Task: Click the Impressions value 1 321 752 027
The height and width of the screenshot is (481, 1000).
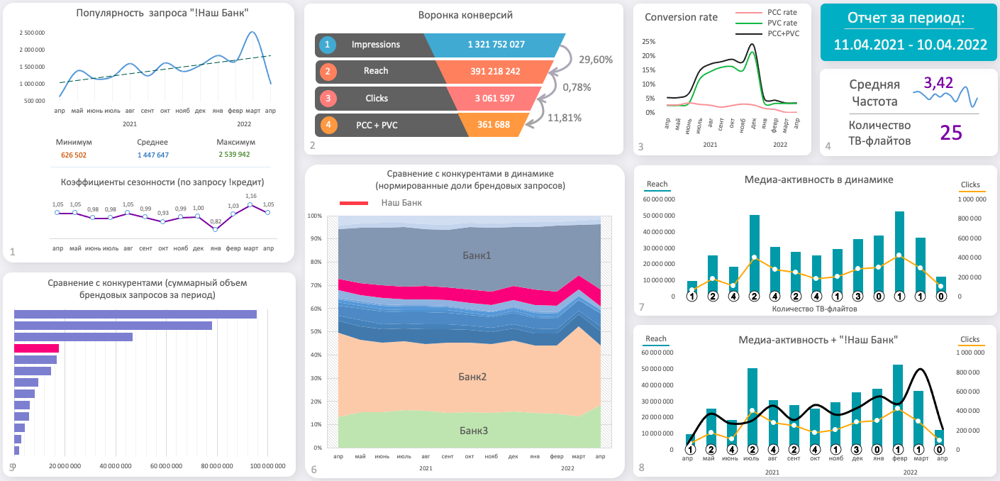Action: click(x=496, y=45)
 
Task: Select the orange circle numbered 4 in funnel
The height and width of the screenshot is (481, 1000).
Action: click(x=328, y=125)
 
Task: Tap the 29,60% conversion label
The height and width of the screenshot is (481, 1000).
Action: click(x=596, y=60)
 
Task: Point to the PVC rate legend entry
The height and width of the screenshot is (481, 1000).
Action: click(x=782, y=23)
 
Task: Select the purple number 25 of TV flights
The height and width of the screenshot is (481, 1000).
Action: click(x=951, y=132)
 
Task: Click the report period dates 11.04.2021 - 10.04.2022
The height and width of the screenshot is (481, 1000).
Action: click(x=910, y=44)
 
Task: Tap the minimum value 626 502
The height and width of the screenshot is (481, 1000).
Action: click(x=74, y=155)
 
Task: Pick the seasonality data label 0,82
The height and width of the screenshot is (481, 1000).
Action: click(x=216, y=221)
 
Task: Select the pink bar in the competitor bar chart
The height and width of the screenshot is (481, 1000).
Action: click(x=36, y=348)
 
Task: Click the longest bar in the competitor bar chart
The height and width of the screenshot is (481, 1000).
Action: click(x=135, y=314)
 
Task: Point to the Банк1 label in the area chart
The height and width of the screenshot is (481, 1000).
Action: click(x=477, y=255)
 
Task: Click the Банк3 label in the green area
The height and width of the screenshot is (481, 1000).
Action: click(x=474, y=431)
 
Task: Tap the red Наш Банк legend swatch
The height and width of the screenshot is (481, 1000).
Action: click(x=354, y=203)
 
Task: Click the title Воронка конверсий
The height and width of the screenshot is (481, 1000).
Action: click(x=465, y=15)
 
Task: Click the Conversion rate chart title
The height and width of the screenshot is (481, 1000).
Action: click(x=681, y=17)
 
